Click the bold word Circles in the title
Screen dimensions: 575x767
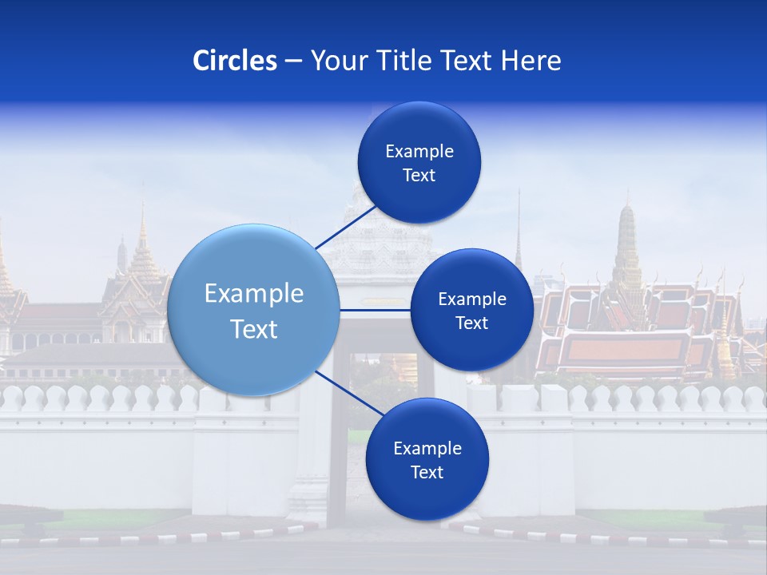[x=235, y=61]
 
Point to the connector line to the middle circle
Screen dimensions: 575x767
[x=376, y=310]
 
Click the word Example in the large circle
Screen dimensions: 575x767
[x=254, y=294]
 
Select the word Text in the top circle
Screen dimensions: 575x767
[x=419, y=176]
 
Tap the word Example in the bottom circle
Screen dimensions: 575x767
[x=427, y=449]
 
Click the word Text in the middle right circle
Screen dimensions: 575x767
[x=471, y=323]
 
